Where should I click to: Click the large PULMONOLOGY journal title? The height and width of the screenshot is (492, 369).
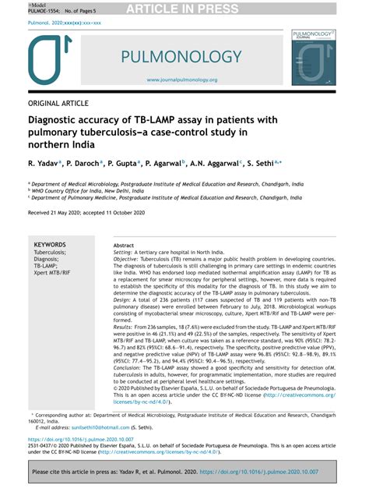181,57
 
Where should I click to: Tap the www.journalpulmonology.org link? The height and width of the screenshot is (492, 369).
181,80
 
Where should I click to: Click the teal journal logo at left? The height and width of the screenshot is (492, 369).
54,62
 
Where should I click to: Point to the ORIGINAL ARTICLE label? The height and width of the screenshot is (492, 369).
60,104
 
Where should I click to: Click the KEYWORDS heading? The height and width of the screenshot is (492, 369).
51,245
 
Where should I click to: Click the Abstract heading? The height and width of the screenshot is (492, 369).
124,245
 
